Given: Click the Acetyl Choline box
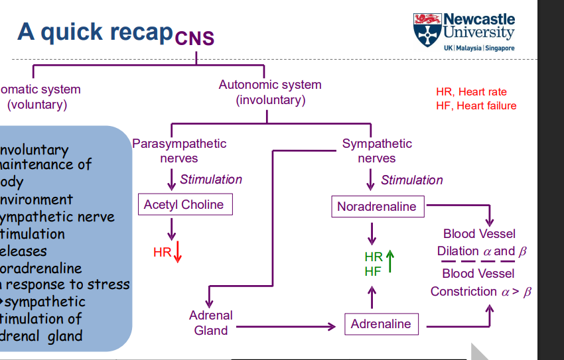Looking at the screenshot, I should pos(184,204).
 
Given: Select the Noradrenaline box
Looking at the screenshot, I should pos(376,206).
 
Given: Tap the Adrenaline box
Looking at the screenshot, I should pos(381,324).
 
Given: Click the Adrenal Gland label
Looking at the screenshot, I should pos(211,323).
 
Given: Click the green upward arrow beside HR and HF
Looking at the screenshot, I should pos(389,261).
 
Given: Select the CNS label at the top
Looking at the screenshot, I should pos(195,38).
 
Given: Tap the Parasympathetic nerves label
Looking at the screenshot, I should pos(179,150).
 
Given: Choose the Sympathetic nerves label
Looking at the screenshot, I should pos(377,150).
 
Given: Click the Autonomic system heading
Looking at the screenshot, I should pos(270,85).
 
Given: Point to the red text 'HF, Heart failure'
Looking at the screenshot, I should pos(476,106).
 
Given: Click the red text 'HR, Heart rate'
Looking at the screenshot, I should pos(471,92).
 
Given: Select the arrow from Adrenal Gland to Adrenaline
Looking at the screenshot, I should pos(285,327).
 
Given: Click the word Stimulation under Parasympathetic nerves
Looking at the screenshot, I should pos(211,179).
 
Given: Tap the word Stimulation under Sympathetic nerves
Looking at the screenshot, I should pos(411,180).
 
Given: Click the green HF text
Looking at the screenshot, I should pos(373,270).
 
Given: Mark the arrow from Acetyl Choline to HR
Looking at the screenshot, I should pos(171,229).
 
